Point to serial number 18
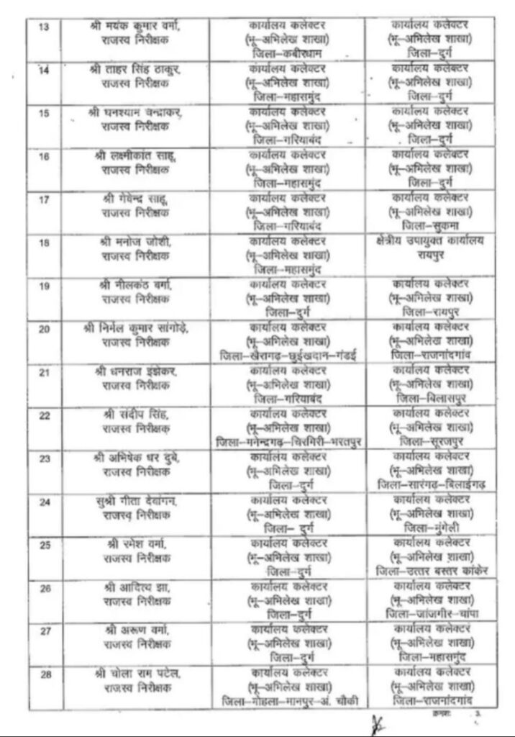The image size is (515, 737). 45,244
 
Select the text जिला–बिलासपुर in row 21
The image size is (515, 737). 432,398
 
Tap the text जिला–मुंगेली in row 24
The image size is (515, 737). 432,528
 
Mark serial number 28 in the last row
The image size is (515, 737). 45,674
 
